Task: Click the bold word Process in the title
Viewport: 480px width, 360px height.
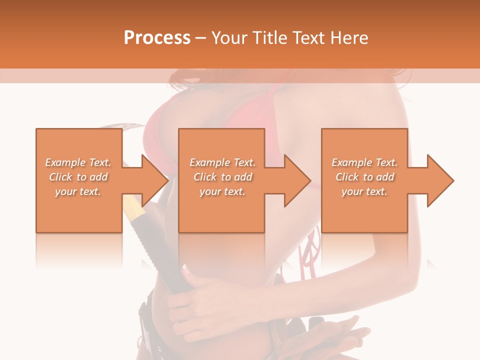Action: tap(157, 38)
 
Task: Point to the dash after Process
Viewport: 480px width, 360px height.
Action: tap(201, 38)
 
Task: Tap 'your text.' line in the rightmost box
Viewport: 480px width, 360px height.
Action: tap(364, 191)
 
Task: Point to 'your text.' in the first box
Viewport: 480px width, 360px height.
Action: tap(78, 191)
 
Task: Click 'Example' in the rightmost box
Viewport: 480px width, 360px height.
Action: tap(352, 162)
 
